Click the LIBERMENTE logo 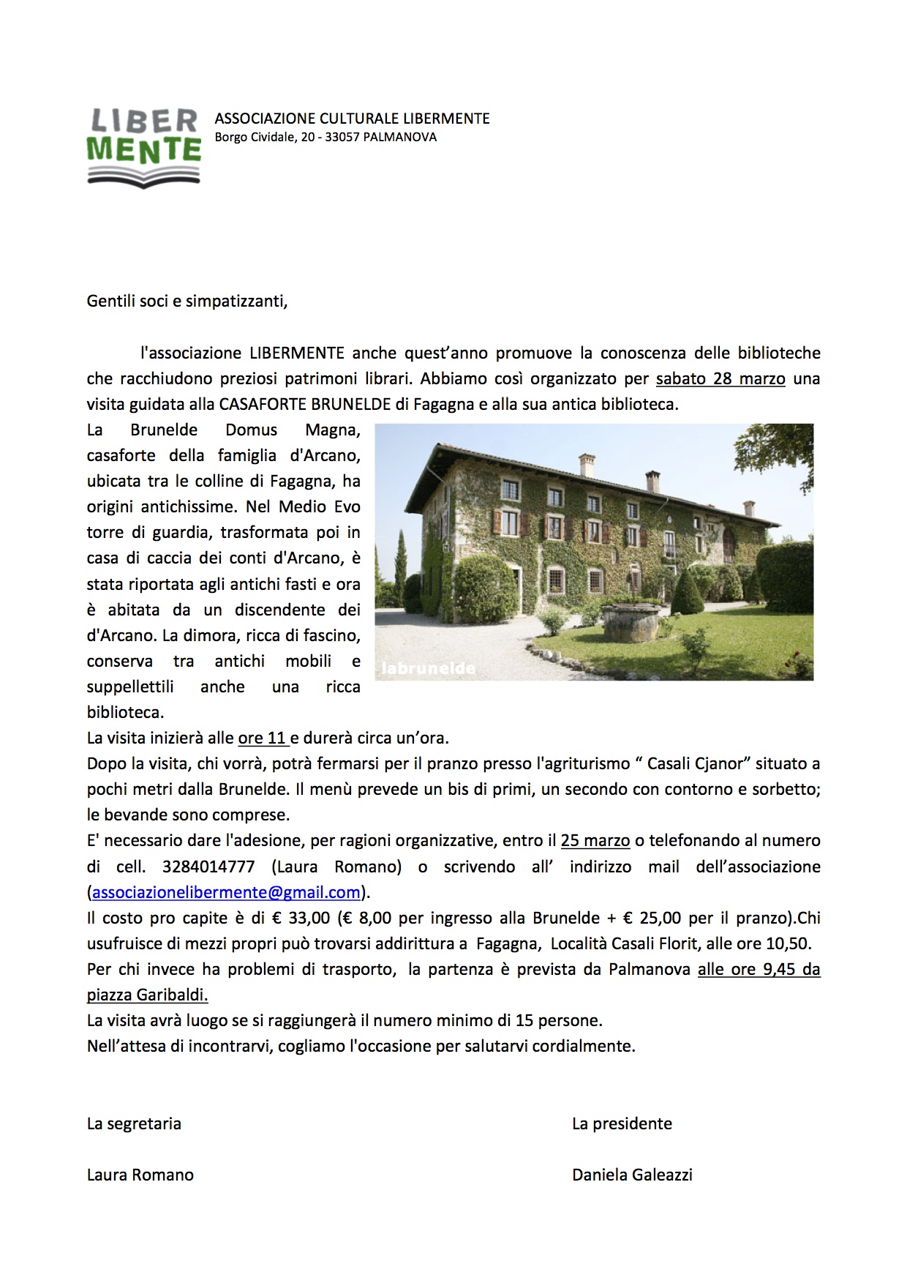[144, 147]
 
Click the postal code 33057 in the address [342, 137]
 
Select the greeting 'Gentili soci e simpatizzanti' [187, 301]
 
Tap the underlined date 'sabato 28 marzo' [720, 379]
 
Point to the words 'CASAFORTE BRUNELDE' [306, 405]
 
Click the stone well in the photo [630, 622]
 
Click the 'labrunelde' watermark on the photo [428, 668]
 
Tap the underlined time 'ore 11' [262, 738]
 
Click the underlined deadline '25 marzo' [595, 841]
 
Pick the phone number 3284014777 [208, 867]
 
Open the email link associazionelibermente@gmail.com [226, 892]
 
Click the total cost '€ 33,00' [301, 918]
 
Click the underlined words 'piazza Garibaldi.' [147, 995]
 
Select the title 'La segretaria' [134, 1123]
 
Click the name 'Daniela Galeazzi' [632, 1175]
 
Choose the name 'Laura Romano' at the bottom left [140, 1175]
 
